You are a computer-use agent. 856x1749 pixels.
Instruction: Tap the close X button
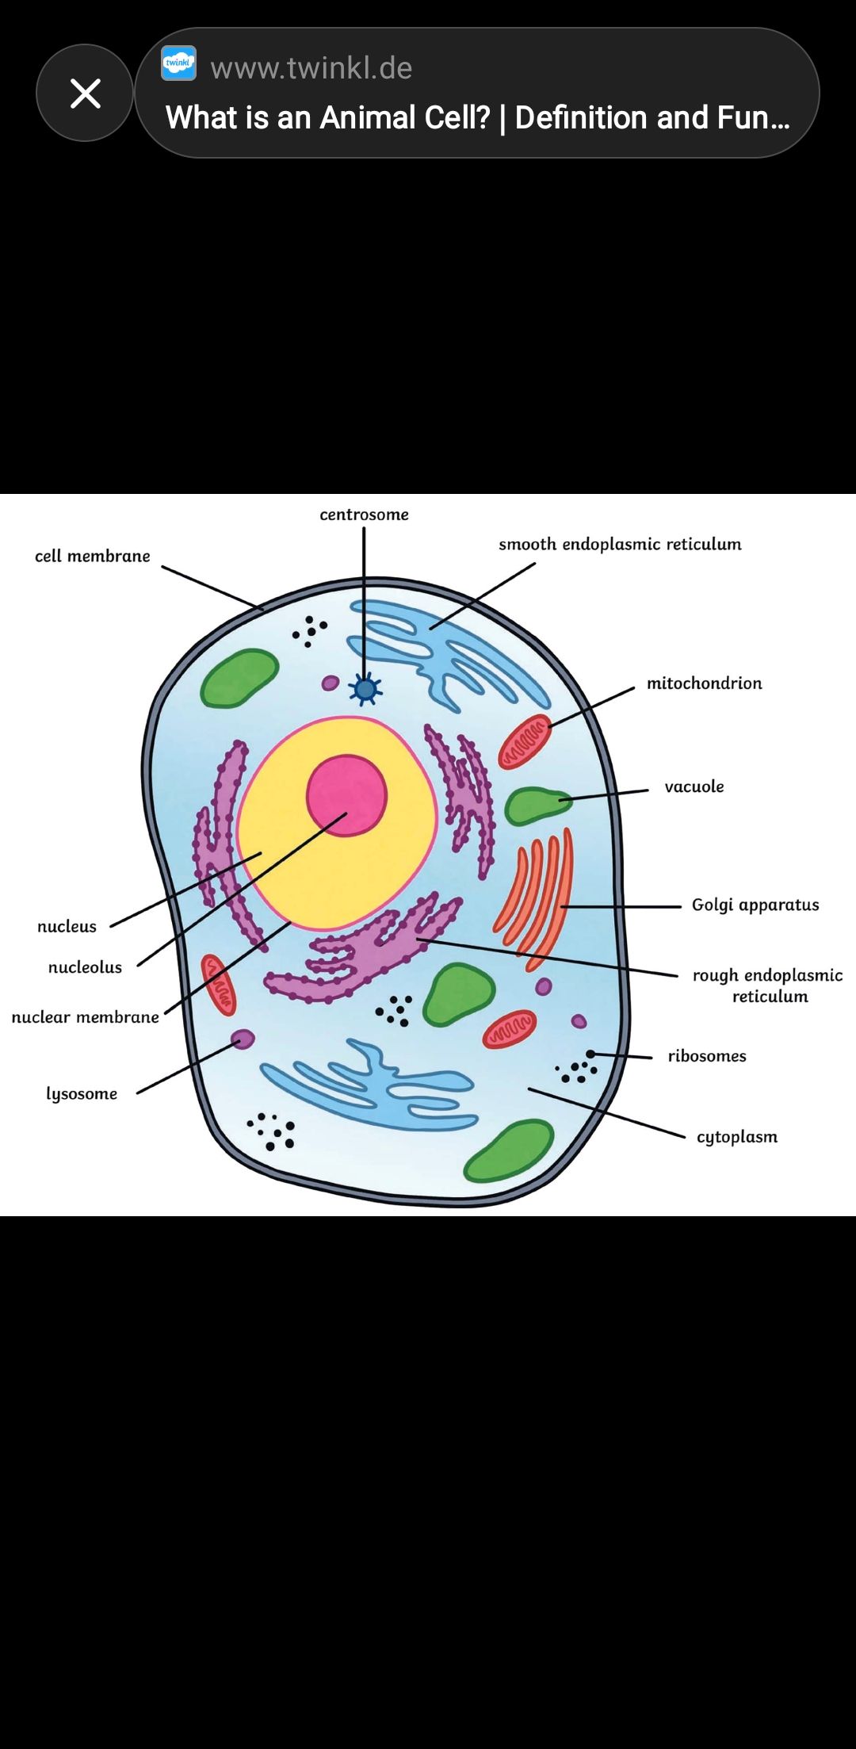click(x=85, y=93)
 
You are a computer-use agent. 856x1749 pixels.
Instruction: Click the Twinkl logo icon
click(x=178, y=63)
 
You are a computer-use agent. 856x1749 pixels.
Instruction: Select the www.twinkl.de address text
click(x=311, y=68)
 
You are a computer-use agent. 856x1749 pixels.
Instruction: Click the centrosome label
click(x=364, y=515)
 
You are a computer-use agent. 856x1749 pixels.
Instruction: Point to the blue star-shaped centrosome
click(x=365, y=689)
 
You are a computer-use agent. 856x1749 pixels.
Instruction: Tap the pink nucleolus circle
click(x=346, y=794)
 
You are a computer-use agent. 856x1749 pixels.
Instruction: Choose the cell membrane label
click(x=93, y=557)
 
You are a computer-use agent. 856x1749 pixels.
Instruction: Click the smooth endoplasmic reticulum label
click(x=620, y=544)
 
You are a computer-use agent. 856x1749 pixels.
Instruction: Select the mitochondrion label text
click(x=704, y=683)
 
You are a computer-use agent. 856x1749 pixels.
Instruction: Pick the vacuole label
click(x=694, y=786)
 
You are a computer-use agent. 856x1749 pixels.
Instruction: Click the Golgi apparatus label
click(x=755, y=905)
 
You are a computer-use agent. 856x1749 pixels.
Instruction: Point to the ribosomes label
click(x=706, y=1056)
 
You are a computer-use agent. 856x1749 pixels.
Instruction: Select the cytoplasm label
click(x=736, y=1137)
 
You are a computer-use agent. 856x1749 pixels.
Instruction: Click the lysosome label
click(x=82, y=1094)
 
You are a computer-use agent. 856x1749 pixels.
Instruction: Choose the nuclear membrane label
click(x=86, y=1017)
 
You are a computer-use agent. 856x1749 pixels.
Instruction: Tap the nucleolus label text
click(x=85, y=967)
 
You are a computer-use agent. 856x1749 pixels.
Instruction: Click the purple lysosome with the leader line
click(x=243, y=1039)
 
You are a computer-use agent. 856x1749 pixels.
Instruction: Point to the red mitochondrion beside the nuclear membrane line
click(x=219, y=985)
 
